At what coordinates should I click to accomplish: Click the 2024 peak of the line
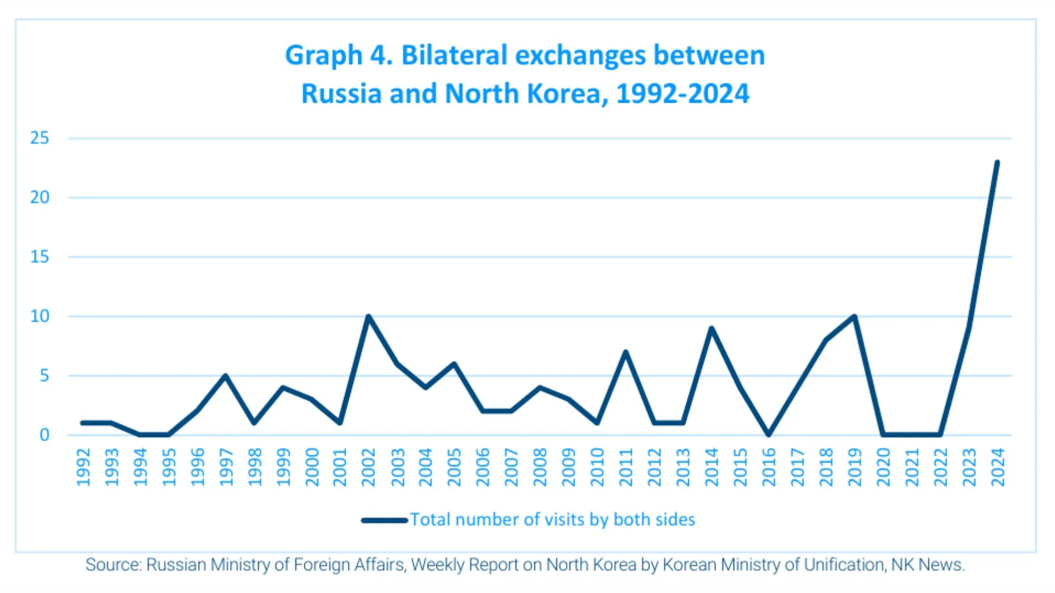pos(997,163)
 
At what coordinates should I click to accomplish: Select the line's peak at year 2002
pos(368,316)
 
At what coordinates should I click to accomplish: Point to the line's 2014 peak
pos(712,328)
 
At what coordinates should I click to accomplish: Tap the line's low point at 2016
pos(769,434)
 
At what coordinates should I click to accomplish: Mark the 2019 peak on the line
pos(854,316)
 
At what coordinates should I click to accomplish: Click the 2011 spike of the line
pos(625,352)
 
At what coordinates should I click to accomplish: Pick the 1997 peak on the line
pos(225,376)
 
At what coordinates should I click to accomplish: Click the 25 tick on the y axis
pos(40,138)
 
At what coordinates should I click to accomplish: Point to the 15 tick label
pos(40,256)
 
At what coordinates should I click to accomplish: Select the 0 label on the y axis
pos(44,435)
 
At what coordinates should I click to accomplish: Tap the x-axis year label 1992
pos(83,467)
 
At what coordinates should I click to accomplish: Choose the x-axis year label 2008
pos(540,467)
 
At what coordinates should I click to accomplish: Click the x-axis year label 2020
pos(883,467)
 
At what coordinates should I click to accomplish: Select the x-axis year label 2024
pos(997,467)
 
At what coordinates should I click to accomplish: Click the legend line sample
pos(384,520)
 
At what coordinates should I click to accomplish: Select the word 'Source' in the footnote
pos(113,565)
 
